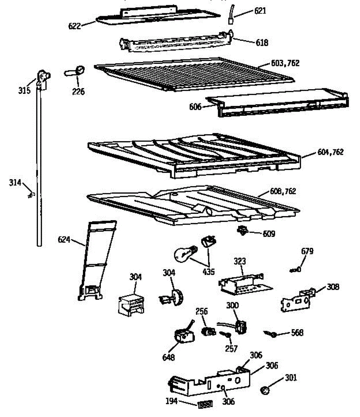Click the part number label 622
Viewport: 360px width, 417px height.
[75, 26]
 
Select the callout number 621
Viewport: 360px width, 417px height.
[260, 11]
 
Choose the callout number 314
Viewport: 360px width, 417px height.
[15, 183]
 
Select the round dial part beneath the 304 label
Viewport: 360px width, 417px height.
[176, 296]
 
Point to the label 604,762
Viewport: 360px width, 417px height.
[330, 152]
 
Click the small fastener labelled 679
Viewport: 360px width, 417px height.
[296, 269]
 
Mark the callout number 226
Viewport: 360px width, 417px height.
[79, 92]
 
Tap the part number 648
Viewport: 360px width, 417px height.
[169, 357]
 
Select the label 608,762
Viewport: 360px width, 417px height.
[283, 191]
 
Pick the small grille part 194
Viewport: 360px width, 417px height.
[205, 405]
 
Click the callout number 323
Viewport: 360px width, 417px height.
[239, 261]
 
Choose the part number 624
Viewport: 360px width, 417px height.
[64, 239]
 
